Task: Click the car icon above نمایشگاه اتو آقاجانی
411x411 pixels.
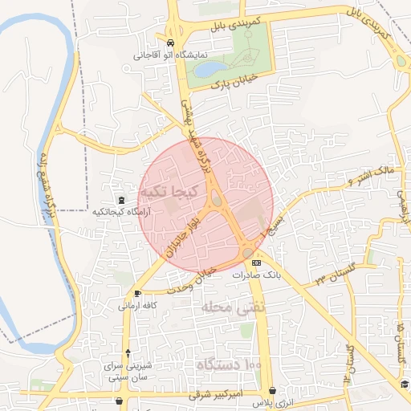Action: tap(170, 43)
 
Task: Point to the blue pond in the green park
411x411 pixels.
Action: tap(204, 69)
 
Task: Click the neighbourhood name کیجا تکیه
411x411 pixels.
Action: tap(165, 193)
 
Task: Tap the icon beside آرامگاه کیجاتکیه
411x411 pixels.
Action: tap(120, 199)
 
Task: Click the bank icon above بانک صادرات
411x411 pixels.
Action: tap(256, 262)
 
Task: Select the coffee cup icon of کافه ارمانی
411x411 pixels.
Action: tap(138, 293)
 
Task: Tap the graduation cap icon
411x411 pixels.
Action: tap(405, 386)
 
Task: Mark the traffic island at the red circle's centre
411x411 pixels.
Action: tap(216, 199)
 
